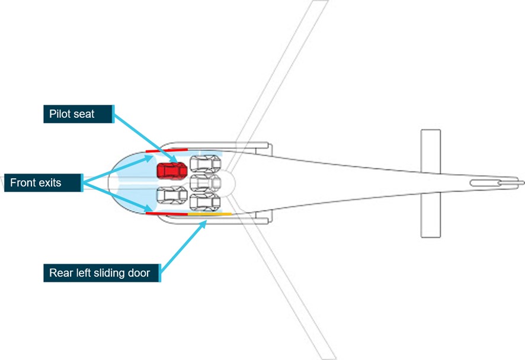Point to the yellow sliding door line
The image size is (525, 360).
coord(210,213)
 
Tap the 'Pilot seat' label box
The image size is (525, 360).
coord(79,114)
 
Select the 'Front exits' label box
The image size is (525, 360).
coord(42,183)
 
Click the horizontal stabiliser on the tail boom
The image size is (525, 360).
coord(430,183)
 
